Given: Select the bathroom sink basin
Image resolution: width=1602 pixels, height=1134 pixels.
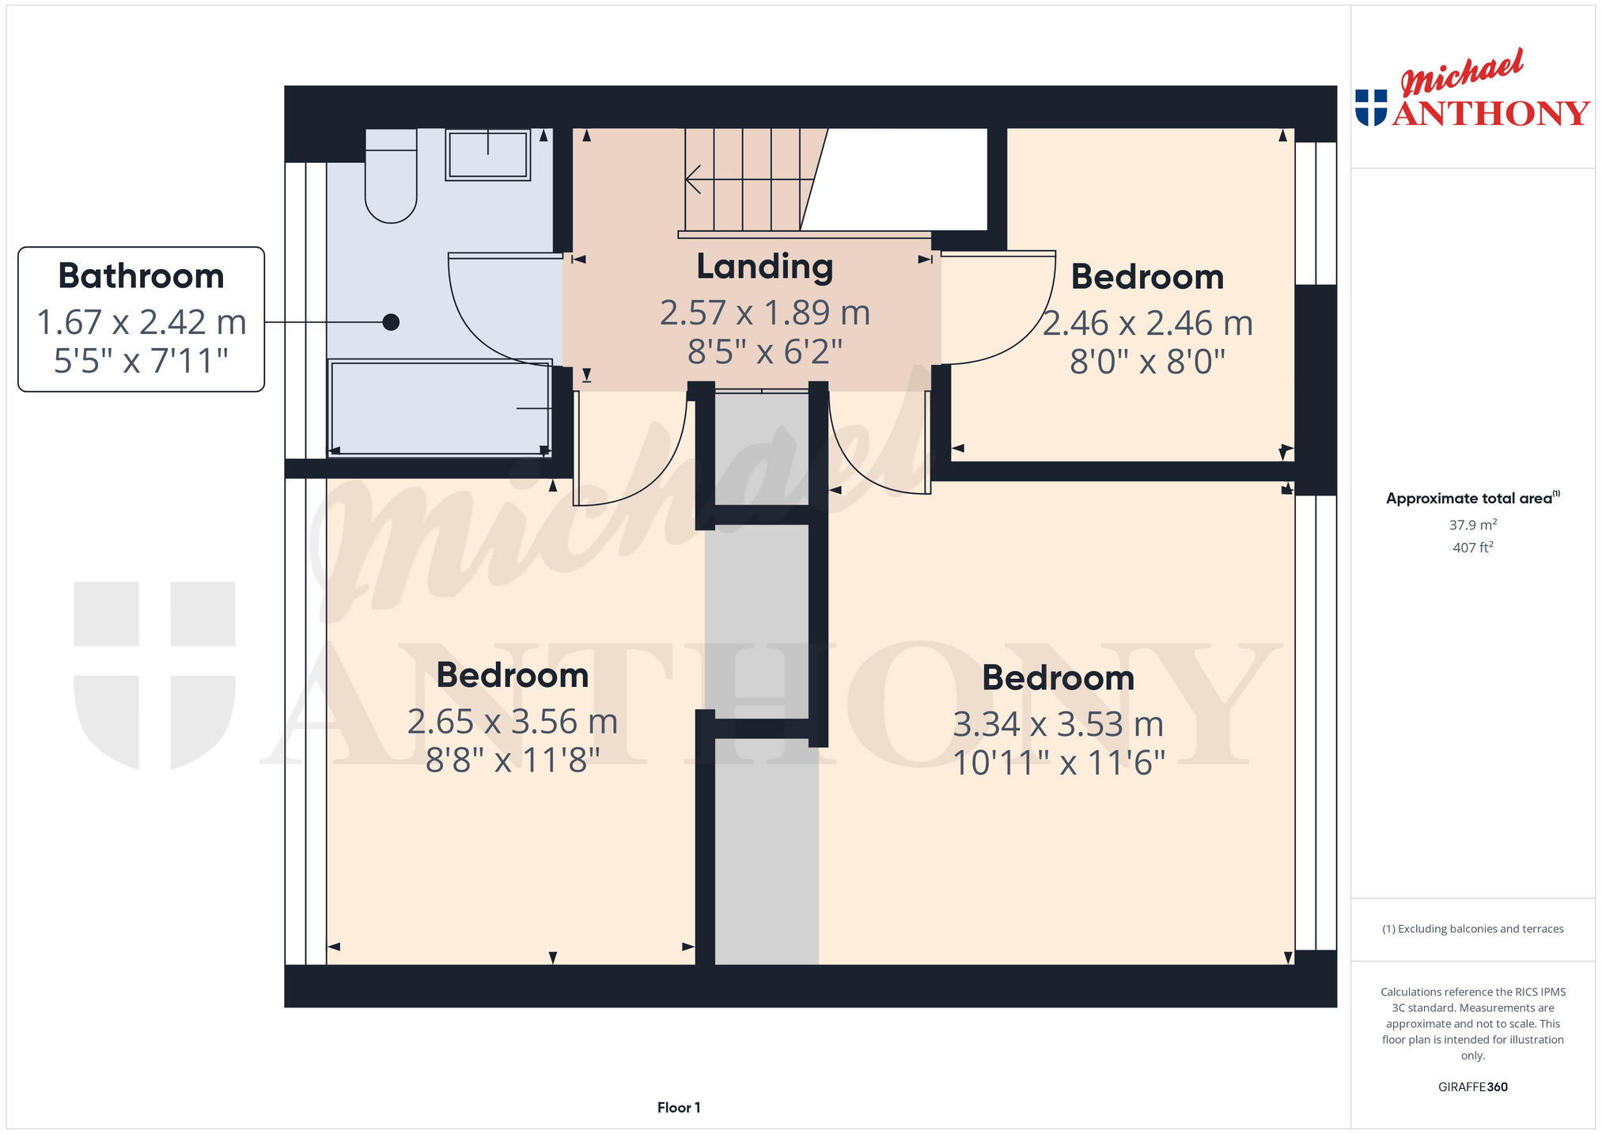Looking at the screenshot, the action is (x=487, y=155).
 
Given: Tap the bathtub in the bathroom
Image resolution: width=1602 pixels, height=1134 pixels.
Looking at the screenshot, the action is (x=440, y=408).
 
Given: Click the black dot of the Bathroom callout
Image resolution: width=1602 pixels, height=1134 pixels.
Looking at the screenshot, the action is (x=391, y=322).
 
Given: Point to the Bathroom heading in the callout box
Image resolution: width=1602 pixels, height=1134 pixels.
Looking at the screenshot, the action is (x=141, y=276).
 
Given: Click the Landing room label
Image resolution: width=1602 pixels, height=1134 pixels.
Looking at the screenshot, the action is (x=764, y=267).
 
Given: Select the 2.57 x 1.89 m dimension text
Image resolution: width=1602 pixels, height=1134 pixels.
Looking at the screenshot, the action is (x=764, y=313).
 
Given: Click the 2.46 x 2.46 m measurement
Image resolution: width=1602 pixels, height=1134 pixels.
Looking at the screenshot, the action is (x=1147, y=323).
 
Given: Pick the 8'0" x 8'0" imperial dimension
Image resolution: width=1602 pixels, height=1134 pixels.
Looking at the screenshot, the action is (x=1147, y=362).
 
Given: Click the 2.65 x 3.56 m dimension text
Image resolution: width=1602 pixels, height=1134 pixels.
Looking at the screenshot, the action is (x=512, y=722).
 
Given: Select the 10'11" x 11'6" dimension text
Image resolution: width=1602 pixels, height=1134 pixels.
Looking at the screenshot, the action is (x=1059, y=763).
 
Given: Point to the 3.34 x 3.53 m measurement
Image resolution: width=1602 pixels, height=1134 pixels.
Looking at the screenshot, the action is (x=1059, y=724).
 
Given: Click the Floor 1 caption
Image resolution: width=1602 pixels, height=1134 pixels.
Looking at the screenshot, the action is (x=679, y=1108).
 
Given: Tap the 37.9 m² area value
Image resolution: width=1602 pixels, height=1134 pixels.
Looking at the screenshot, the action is (x=1473, y=525).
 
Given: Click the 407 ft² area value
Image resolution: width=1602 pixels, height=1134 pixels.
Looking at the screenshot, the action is (x=1473, y=547).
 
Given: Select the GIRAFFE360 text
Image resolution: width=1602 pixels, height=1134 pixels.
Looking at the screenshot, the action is (x=1473, y=1087).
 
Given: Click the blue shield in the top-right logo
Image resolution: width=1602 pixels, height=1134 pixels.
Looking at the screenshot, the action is (x=1371, y=108).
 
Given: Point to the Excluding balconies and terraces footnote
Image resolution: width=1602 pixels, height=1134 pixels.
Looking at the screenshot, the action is (x=1473, y=929).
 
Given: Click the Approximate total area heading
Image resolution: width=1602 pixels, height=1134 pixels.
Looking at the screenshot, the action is (x=1473, y=498).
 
